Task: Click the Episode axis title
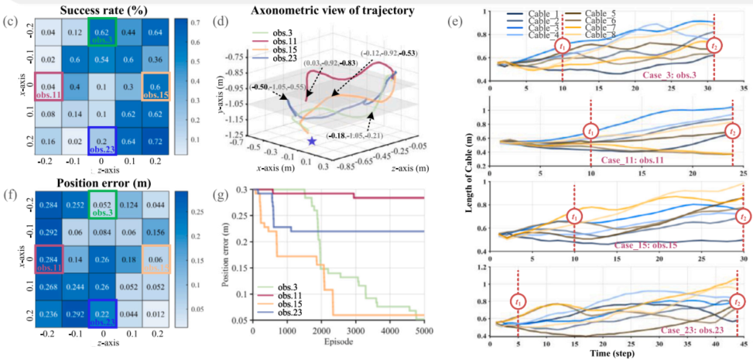pyautogui.click(x=337, y=341)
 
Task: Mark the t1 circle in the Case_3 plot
pyautogui.click(x=563, y=46)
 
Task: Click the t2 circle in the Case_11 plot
pyautogui.click(x=733, y=132)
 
